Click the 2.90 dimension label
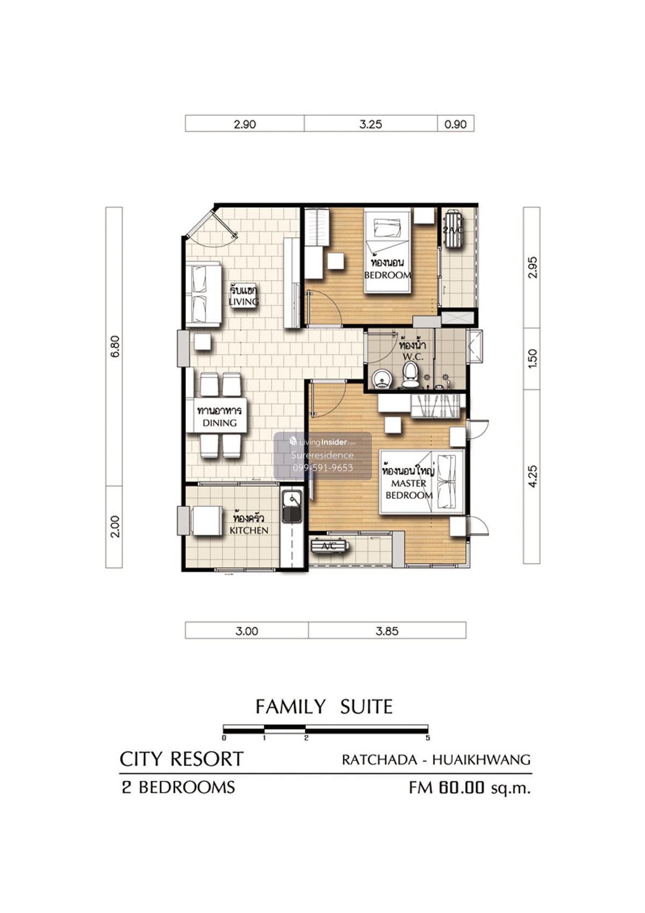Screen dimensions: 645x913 click(245, 124)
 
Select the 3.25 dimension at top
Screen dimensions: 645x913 click(370, 124)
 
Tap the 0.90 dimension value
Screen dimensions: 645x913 click(455, 124)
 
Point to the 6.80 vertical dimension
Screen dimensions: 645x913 click(115, 346)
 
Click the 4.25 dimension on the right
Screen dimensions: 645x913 click(532, 476)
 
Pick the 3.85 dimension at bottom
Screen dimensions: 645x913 click(386, 631)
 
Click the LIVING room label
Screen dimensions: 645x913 click(243, 302)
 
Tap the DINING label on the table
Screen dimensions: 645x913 click(220, 423)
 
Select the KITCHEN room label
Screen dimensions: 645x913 click(248, 530)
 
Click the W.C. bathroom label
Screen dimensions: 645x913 click(413, 356)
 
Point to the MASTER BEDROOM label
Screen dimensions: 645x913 click(408, 489)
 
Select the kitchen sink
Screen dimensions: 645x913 click(291, 506)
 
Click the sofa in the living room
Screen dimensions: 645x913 click(203, 294)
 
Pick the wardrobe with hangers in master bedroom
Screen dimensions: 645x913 click(437, 405)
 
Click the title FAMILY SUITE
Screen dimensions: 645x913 click(324, 707)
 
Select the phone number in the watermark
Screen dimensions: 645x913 click(322, 468)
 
